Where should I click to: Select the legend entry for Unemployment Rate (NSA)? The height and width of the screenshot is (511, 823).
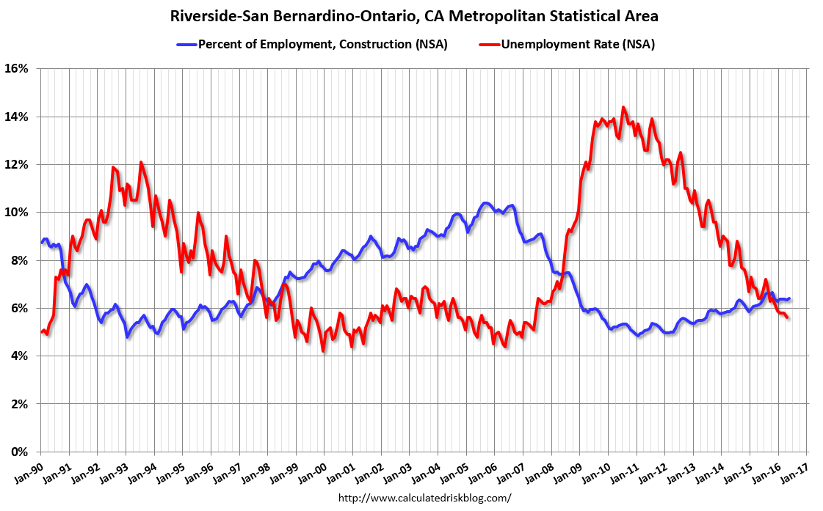click(577, 44)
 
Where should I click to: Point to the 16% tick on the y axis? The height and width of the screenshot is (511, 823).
click(17, 69)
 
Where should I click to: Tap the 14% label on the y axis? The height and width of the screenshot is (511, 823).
click(17, 117)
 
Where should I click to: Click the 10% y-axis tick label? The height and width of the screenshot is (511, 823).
click(17, 213)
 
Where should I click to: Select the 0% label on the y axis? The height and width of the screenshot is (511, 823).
click(20, 452)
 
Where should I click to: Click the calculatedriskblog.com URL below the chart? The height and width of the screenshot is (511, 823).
click(424, 498)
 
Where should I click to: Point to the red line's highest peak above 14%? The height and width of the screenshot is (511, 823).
click(623, 107)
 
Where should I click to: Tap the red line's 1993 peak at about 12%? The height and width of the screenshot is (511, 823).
click(141, 162)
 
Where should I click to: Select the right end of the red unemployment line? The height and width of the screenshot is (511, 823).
click(788, 317)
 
